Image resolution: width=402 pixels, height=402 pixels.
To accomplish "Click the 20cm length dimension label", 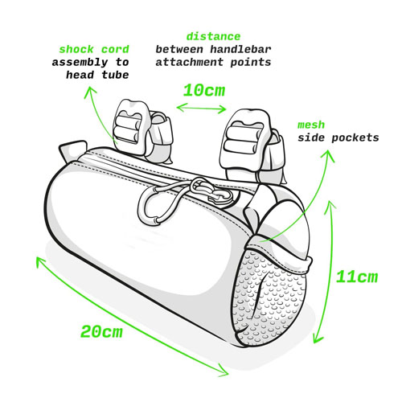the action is (101, 331).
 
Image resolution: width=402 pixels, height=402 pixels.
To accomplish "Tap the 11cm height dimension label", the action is (357, 277).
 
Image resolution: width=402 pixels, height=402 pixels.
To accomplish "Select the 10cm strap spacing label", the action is (204, 90).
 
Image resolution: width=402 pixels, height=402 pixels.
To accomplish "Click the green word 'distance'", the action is (213, 36).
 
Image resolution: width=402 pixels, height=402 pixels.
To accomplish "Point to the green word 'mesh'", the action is (311, 125).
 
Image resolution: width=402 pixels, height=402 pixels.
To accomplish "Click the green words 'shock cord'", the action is (94, 50).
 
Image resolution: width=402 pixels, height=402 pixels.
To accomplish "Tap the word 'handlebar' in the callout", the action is (240, 49).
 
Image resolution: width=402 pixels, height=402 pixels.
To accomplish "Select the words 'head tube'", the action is (97, 75).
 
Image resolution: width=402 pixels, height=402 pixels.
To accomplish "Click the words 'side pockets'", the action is (338, 138).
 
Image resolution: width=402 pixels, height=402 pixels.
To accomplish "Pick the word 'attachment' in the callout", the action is (189, 62).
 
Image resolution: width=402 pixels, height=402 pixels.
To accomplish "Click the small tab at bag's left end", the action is (72, 151).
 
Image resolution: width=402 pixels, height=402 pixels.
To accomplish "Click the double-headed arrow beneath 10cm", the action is (201, 108).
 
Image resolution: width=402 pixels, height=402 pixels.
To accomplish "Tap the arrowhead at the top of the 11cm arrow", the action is (331, 207).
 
